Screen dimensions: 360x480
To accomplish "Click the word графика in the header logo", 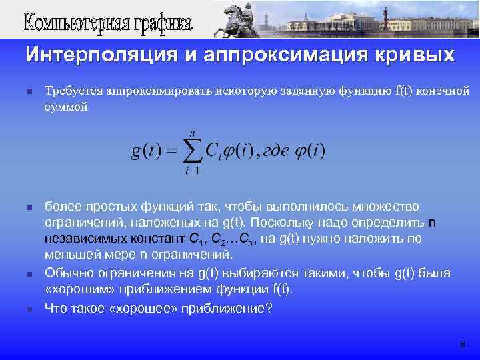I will point(159,24).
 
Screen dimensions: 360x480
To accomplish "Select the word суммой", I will point(65,107).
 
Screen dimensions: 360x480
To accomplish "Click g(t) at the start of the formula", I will point(145,151).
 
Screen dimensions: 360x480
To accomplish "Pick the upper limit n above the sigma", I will point(193,133).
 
